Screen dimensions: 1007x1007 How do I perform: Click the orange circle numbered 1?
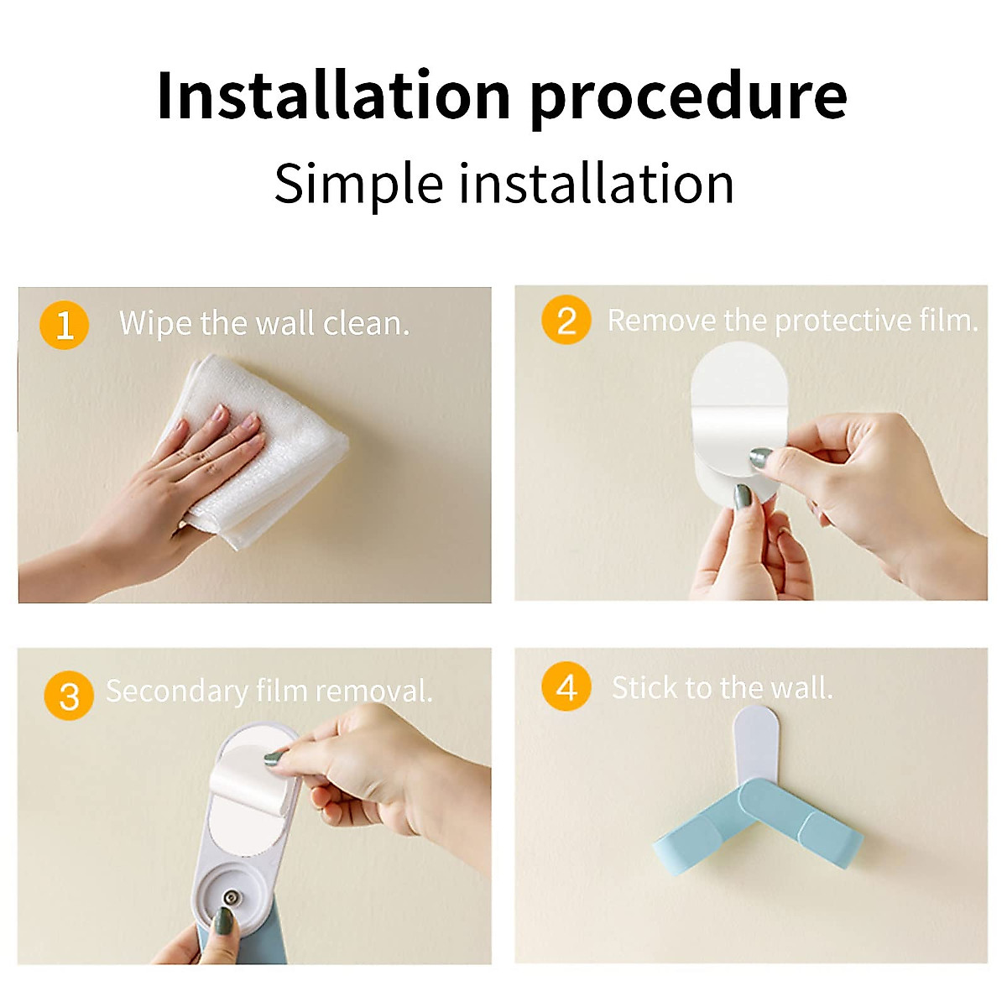[65, 325]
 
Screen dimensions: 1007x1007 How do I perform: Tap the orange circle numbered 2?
[566, 320]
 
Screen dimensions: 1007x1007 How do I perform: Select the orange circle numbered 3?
[69, 696]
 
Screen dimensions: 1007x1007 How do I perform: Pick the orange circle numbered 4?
[566, 686]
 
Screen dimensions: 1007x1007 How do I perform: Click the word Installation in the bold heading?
[333, 95]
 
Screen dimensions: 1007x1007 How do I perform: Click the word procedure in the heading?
[689, 99]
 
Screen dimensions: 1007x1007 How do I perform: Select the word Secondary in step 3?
[176, 691]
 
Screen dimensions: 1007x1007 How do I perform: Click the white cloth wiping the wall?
[261, 450]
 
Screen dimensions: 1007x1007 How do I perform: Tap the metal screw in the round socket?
[230, 898]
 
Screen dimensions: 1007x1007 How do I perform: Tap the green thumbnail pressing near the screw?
[223, 922]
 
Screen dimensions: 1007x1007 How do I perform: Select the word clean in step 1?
[367, 323]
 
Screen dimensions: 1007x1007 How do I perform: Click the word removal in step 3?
[374, 691]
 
